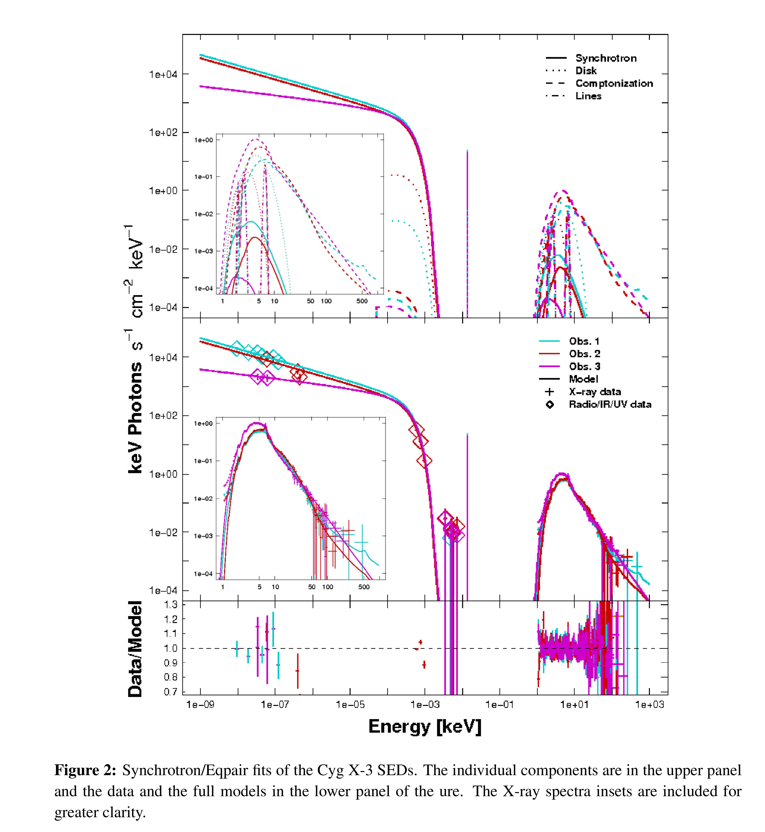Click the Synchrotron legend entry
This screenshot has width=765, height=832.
coord(606,58)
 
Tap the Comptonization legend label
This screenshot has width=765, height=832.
coord(614,83)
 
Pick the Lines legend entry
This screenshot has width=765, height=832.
coord(588,96)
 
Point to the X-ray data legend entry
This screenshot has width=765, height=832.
coord(595,392)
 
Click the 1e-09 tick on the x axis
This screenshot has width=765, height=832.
coord(200,704)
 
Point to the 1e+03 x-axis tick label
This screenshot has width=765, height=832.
coord(649,704)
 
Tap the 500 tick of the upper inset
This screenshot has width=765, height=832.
coord(362,301)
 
